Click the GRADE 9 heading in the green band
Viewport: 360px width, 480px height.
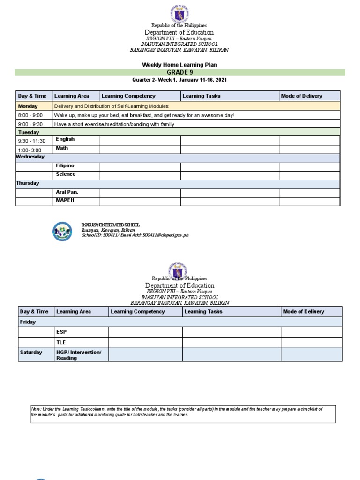pos(180,72)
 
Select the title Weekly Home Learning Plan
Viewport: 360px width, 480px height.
pos(180,65)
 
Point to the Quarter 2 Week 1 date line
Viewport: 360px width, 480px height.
pos(180,80)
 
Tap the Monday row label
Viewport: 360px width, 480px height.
pos(28,106)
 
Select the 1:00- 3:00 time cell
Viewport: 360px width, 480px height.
pos(30,150)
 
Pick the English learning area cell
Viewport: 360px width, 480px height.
pos(65,139)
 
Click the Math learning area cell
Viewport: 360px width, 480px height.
pos(62,148)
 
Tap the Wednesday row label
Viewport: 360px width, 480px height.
pos(30,157)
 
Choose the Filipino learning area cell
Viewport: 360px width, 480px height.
pos(65,166)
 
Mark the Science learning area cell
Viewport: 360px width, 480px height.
pos(66,174)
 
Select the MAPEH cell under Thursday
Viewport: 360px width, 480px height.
pos(65,201)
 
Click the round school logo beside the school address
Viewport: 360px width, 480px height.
pos(62,231)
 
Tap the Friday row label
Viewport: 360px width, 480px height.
pos(27,322)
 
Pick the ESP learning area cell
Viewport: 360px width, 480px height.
pos(61,332)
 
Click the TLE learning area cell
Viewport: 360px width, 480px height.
pos(61,342)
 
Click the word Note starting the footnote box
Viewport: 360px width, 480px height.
pos(37,410)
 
